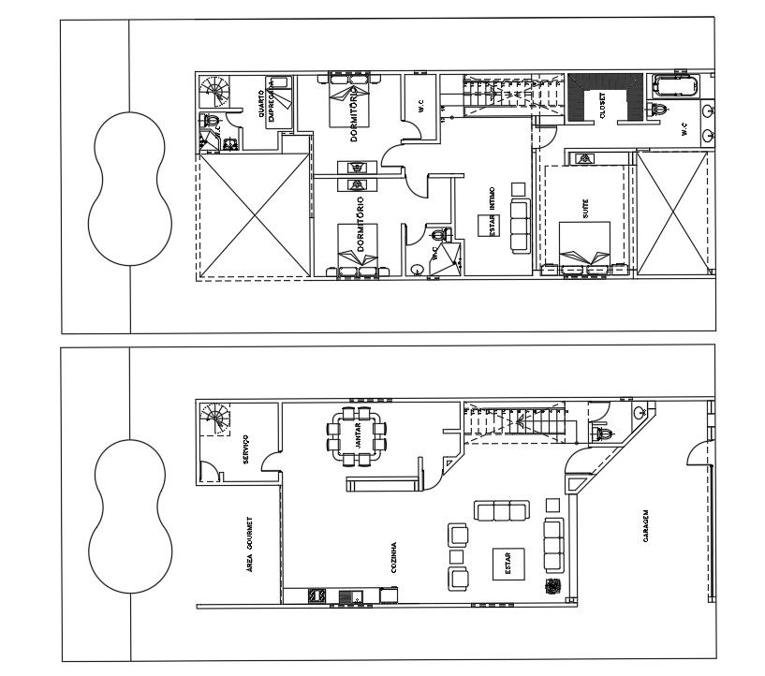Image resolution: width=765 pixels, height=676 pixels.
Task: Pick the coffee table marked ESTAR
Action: tap(509, 564)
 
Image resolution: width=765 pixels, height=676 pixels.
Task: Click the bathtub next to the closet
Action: tap(675, 88)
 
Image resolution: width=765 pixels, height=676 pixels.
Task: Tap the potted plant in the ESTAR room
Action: tap(552, 587)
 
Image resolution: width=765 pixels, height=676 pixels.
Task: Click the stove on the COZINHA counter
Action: tap(316, 595)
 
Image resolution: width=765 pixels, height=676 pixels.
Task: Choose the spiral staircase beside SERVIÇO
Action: tap(215, 419)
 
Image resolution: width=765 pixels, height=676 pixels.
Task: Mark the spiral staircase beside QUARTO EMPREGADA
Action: tap(215, 92)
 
